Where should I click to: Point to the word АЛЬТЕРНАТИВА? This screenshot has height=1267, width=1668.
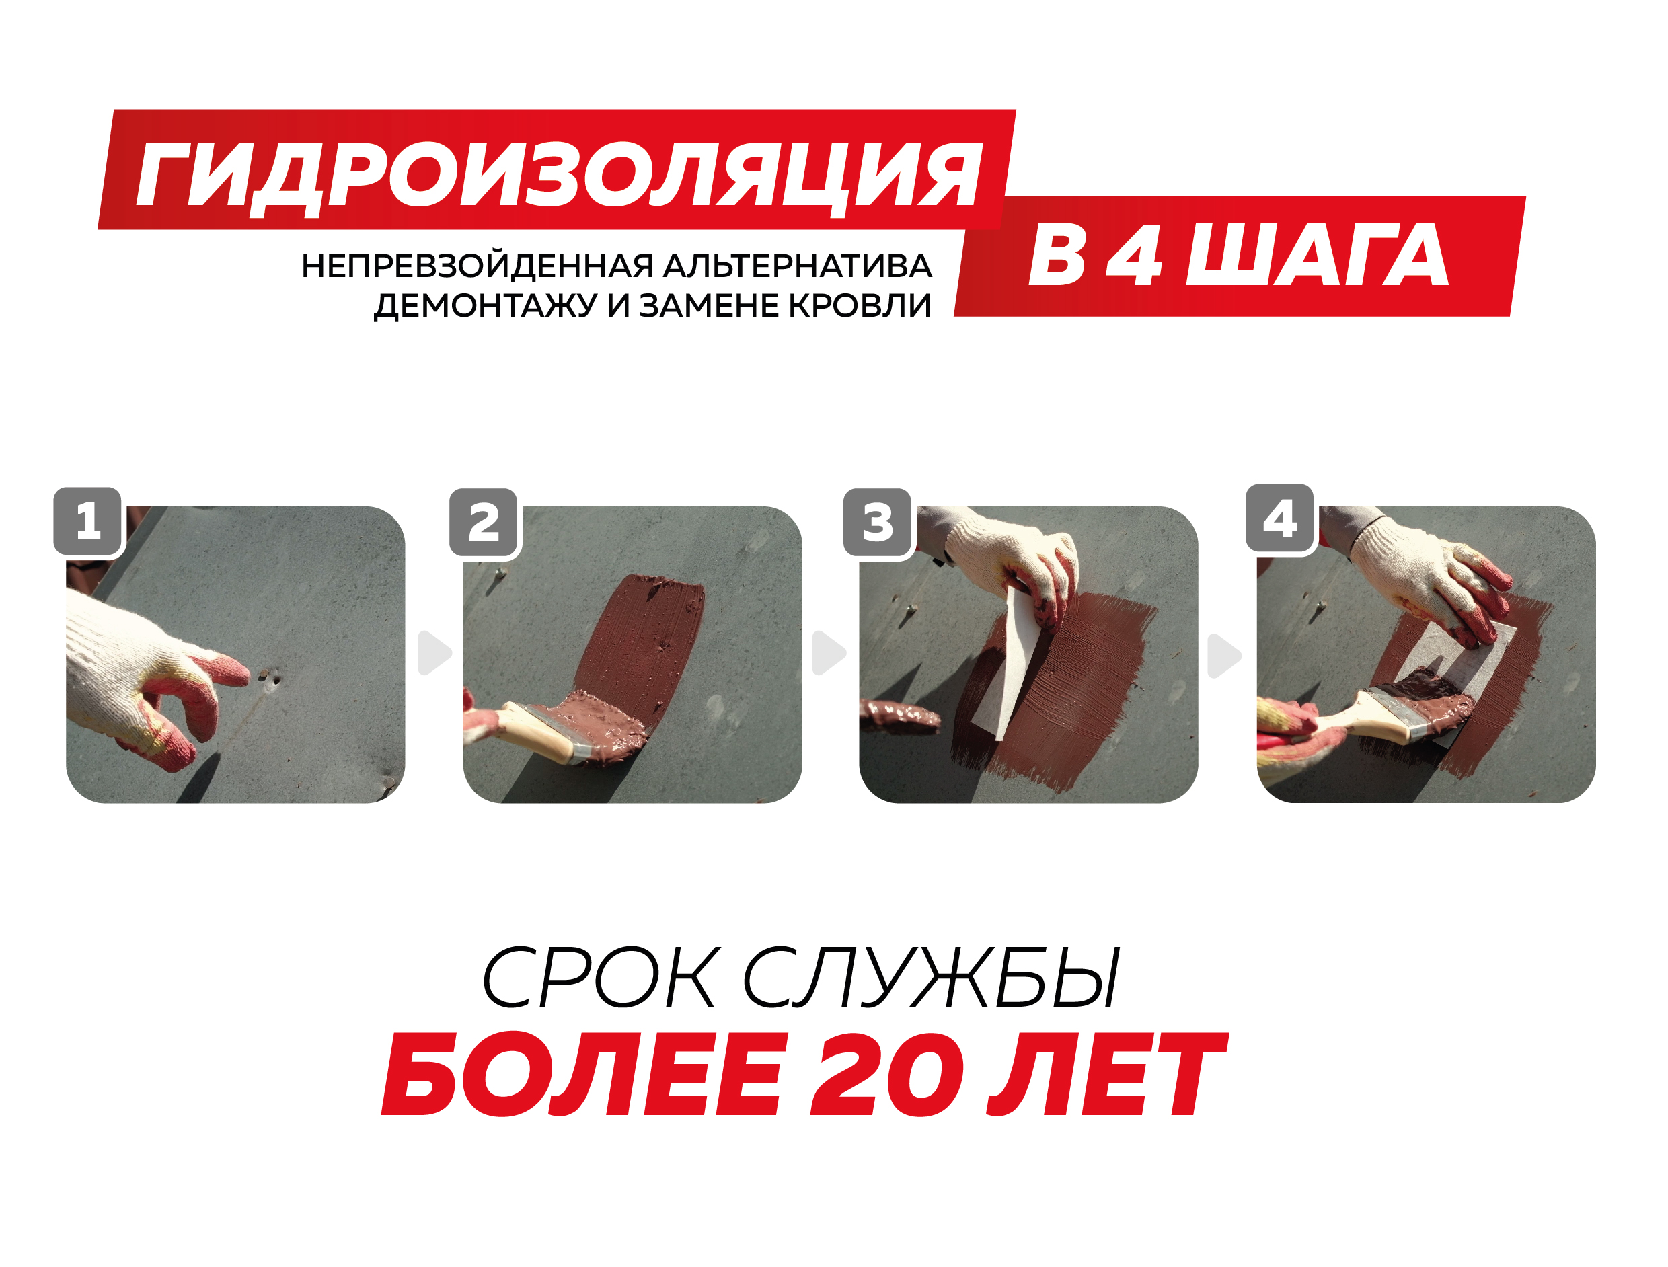click(798, 267)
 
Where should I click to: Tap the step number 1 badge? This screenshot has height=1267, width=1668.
click(88, 521)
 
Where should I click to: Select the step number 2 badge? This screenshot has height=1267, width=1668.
click(484, 522)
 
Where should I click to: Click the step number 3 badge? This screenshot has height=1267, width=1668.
click(878, 522)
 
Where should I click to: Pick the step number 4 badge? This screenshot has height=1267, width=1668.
click(1281, 519)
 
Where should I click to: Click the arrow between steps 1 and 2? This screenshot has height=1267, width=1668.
click(434, 653)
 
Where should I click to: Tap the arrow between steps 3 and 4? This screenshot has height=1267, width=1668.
click(1224, 656)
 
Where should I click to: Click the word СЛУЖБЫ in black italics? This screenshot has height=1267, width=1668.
click(933, 978)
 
